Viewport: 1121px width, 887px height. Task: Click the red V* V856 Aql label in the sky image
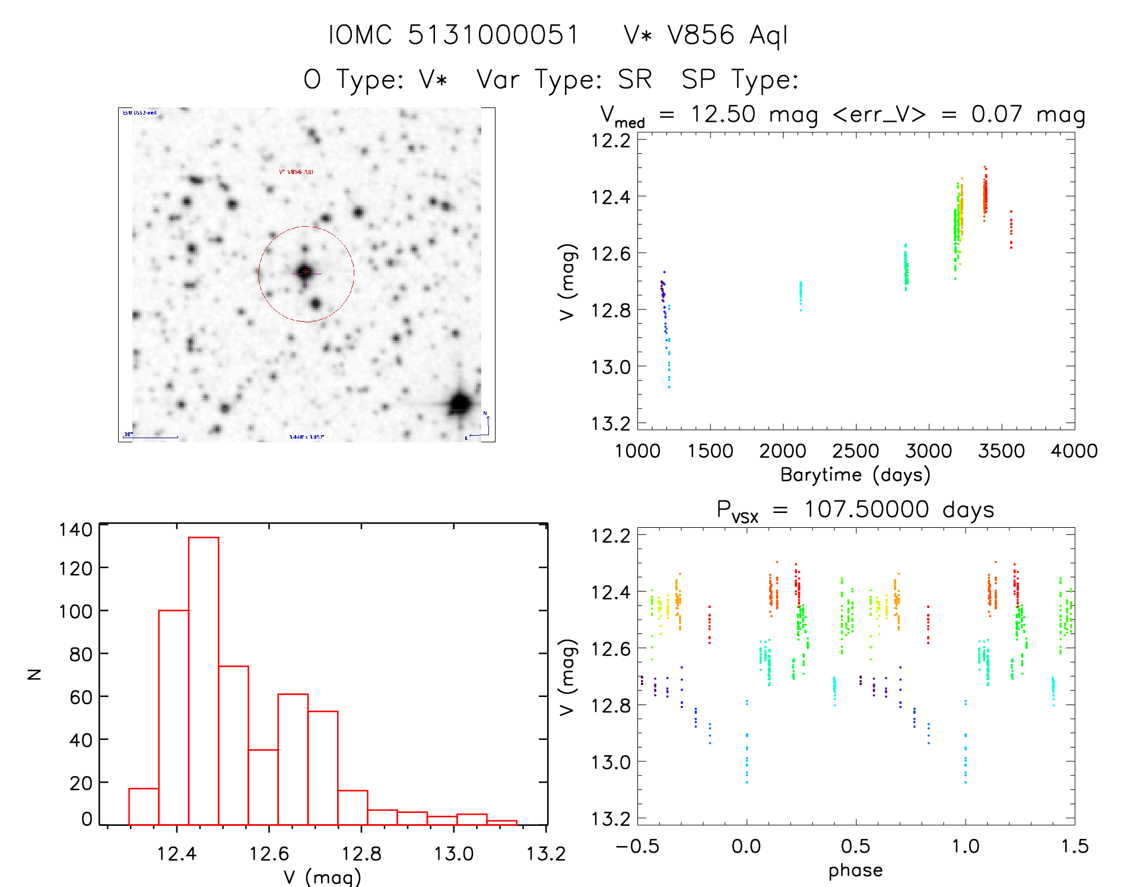[x=296, y=172]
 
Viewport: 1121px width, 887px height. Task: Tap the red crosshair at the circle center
[x=306, y=272]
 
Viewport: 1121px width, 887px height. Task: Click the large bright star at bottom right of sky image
[x=461, y=404]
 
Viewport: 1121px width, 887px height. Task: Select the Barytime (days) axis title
[x=855, y=475]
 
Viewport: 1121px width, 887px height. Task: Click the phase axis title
[x=855, y=870]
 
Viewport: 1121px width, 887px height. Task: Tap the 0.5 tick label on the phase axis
[x=855, y=846]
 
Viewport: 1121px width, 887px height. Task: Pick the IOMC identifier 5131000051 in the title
[x=493, y=35]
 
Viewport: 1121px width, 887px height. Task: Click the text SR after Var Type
[x=635, y=80]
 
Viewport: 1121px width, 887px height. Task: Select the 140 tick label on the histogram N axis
[x=76, y=530]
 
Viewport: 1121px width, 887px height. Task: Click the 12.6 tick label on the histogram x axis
[x=269, y=854]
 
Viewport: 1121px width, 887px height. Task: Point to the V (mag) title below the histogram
[x=322, y=877]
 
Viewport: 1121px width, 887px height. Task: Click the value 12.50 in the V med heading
[x=723, y=114]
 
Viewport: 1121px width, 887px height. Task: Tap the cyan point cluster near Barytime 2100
[x=801, y=296]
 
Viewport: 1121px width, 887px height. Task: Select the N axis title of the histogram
[x=34, y=674]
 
